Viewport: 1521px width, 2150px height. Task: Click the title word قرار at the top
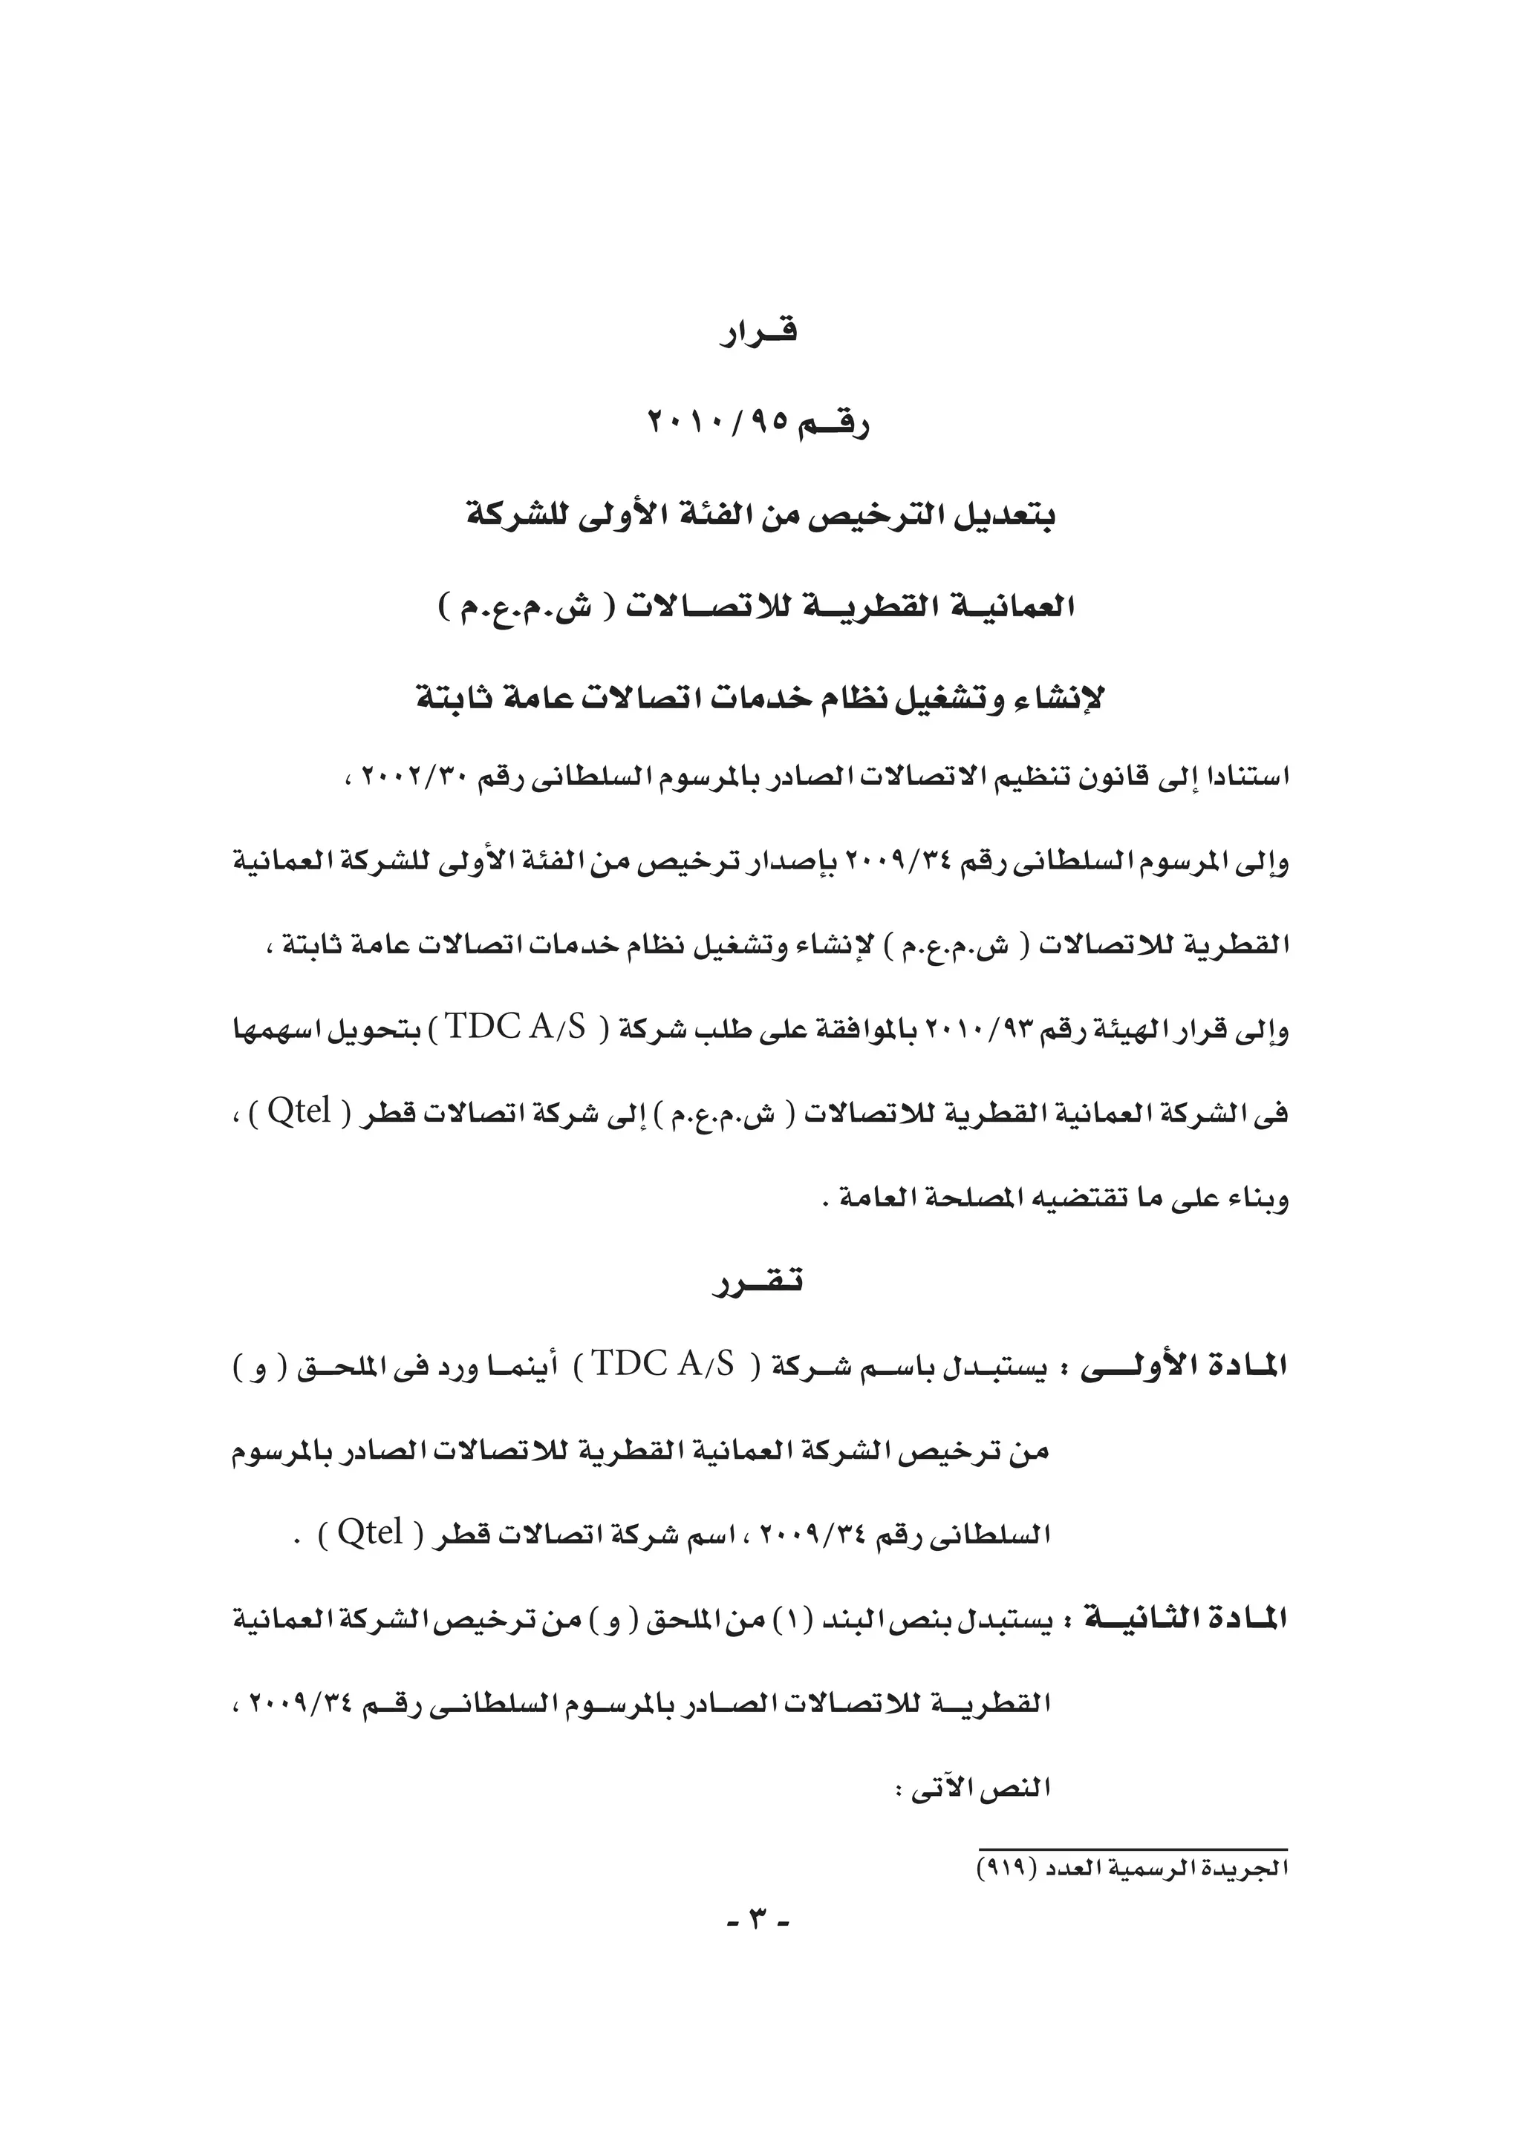coord(758,334)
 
